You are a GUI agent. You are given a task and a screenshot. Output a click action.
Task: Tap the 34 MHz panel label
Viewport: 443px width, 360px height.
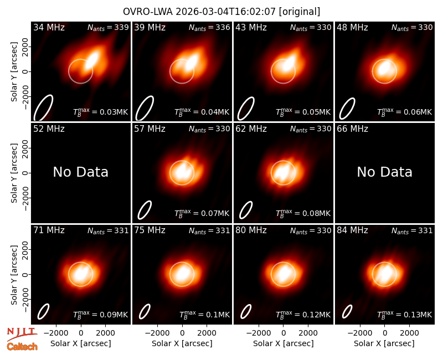(x=49, y=27)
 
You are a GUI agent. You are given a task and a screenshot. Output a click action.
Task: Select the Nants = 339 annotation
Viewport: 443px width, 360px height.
(x=108, y=27)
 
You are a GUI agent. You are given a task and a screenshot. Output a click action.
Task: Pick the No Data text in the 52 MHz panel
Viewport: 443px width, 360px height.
(x=80, y=172)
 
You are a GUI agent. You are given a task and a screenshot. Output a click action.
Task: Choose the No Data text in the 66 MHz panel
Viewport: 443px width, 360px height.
(x=384, y=172)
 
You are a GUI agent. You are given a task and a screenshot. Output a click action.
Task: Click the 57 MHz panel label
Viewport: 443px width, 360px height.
(x=150, y=129)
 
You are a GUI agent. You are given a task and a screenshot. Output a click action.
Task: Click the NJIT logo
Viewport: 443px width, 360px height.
(x=22, y=334)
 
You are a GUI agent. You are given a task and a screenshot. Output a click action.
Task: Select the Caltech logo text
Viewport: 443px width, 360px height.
(x=22, y=347)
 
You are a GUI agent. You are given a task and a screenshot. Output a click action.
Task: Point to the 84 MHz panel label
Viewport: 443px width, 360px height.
(x=352, y=230)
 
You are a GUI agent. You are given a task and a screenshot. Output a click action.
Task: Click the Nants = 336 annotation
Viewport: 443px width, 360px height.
(x=209, y=27)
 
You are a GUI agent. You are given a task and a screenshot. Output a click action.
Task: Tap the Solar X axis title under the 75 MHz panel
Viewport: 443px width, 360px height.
(x=182, y=343)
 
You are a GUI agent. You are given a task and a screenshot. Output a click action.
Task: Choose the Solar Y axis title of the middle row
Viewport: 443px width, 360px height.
(x=14, y=173)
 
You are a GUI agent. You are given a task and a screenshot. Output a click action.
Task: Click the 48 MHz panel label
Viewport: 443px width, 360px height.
(x=352, y=27)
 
